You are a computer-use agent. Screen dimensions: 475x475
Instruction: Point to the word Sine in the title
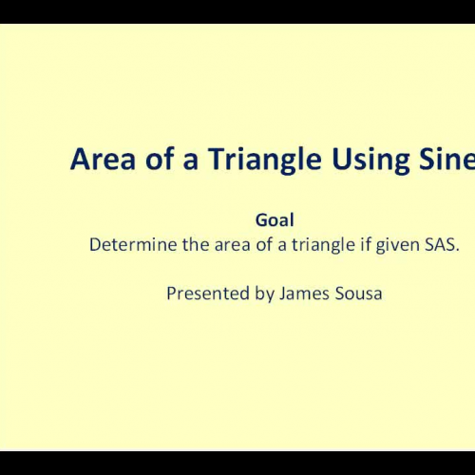point(445,161)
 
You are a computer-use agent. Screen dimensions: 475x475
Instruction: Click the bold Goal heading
point(275,219)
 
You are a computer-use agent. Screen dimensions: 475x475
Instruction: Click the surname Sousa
point(358,294)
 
